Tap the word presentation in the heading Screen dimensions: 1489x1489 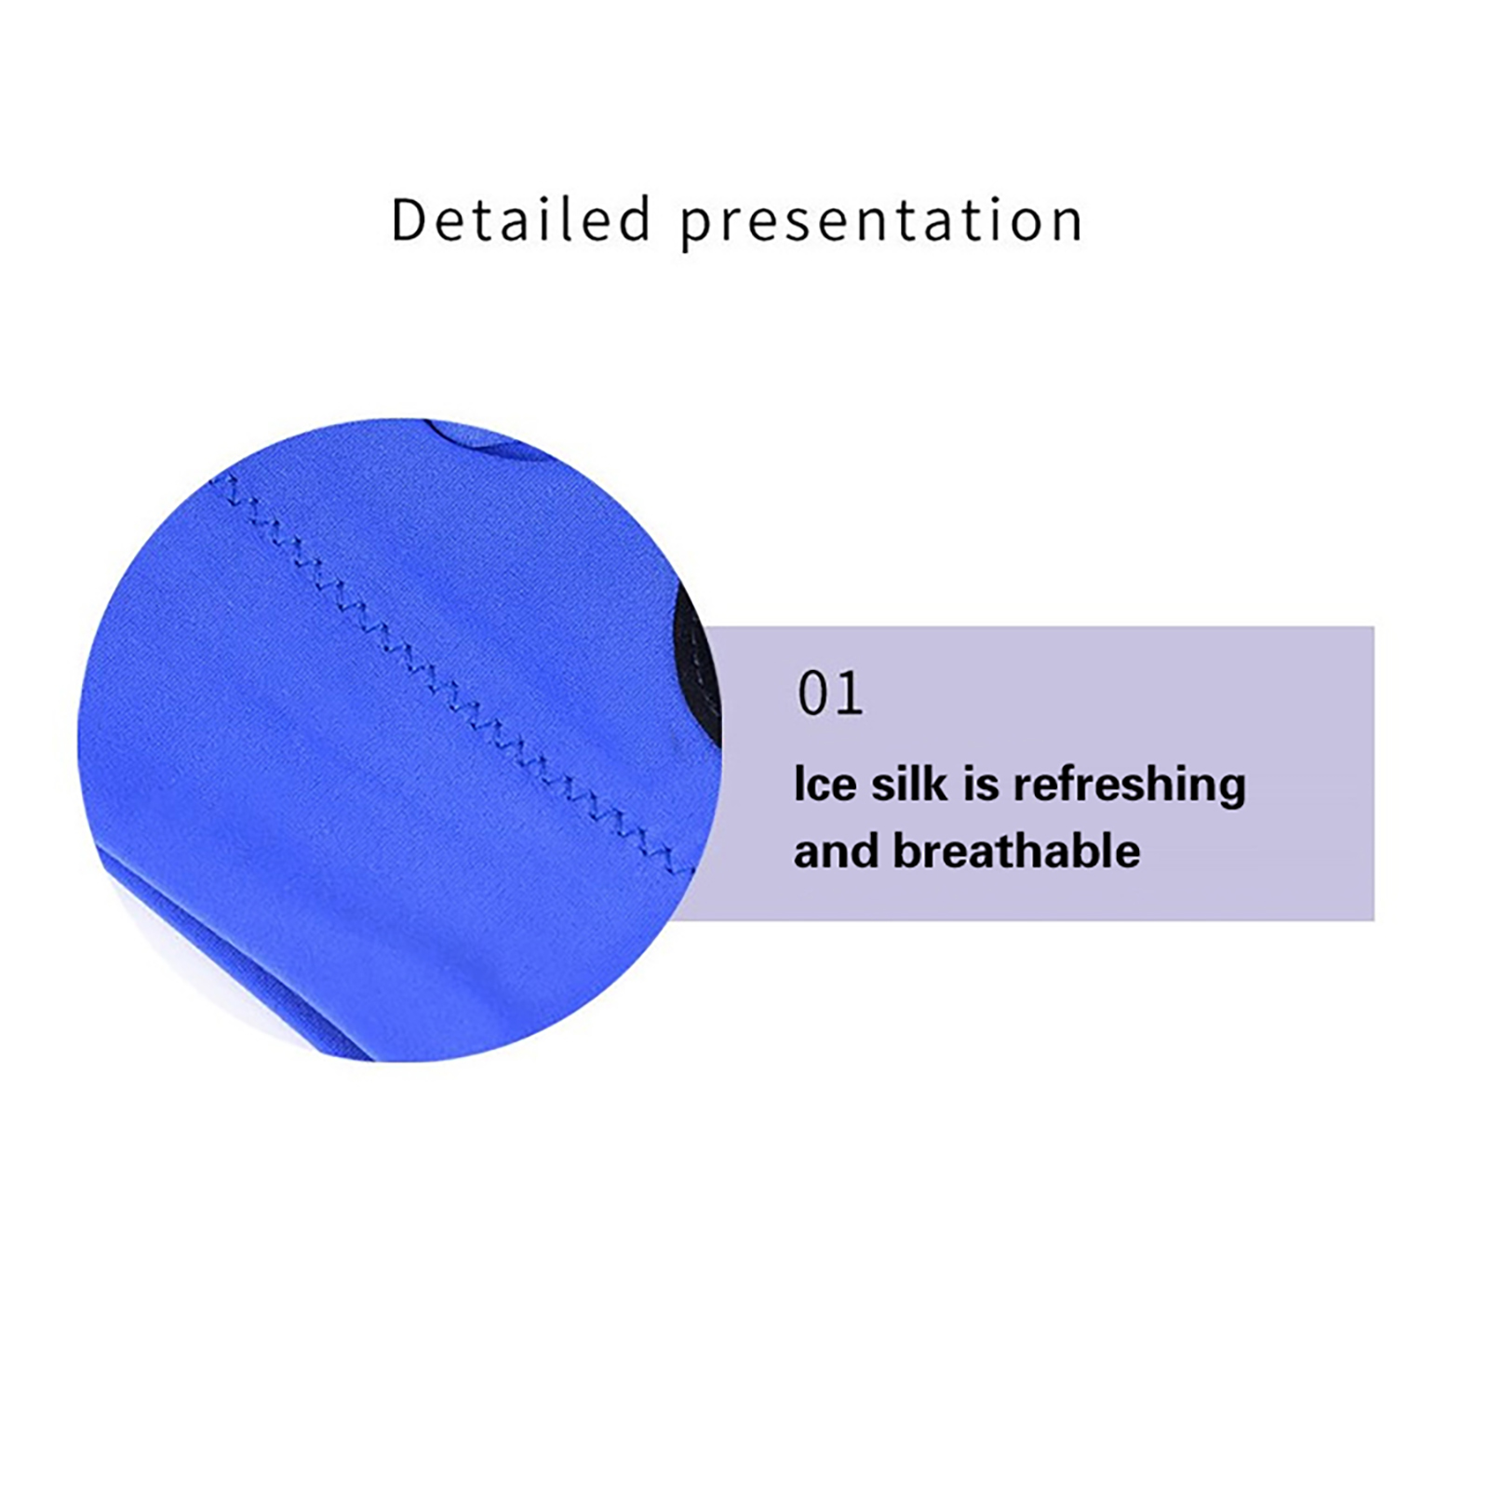coord(881,224)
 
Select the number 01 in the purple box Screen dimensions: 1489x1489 coord(830,693)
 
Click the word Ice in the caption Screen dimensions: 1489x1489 coord(825,784)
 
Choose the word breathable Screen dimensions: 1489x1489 coord(1016,851)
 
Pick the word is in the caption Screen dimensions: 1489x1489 coord(980,784)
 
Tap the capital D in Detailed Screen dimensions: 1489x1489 coord(410,221)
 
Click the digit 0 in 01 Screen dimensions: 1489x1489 coord(813,693)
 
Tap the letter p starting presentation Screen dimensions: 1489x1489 coord(697,230)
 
